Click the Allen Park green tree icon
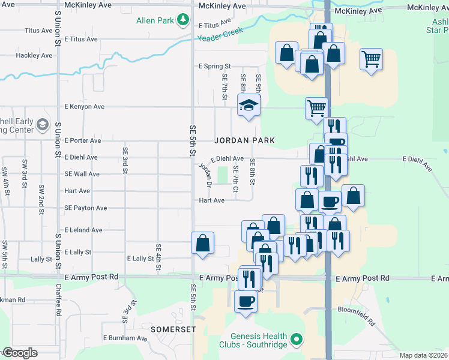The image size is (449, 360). point(183,20)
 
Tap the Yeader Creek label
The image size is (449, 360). point(221,37)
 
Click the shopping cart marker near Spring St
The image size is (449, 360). point(372,59)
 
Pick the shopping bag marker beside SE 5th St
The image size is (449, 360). point(203,243)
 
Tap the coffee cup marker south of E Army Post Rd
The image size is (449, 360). point(245,301)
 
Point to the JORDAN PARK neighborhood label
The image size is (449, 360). point(245,140)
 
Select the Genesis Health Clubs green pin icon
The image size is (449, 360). point(295,341)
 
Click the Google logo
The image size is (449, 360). point(19,353)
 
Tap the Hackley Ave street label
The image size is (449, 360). point(34,55)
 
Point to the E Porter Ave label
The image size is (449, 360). point(83,140)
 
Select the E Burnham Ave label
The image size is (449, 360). point(125,338)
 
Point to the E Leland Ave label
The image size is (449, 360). point(83,230)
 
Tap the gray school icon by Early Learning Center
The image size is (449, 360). point(42,124)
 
